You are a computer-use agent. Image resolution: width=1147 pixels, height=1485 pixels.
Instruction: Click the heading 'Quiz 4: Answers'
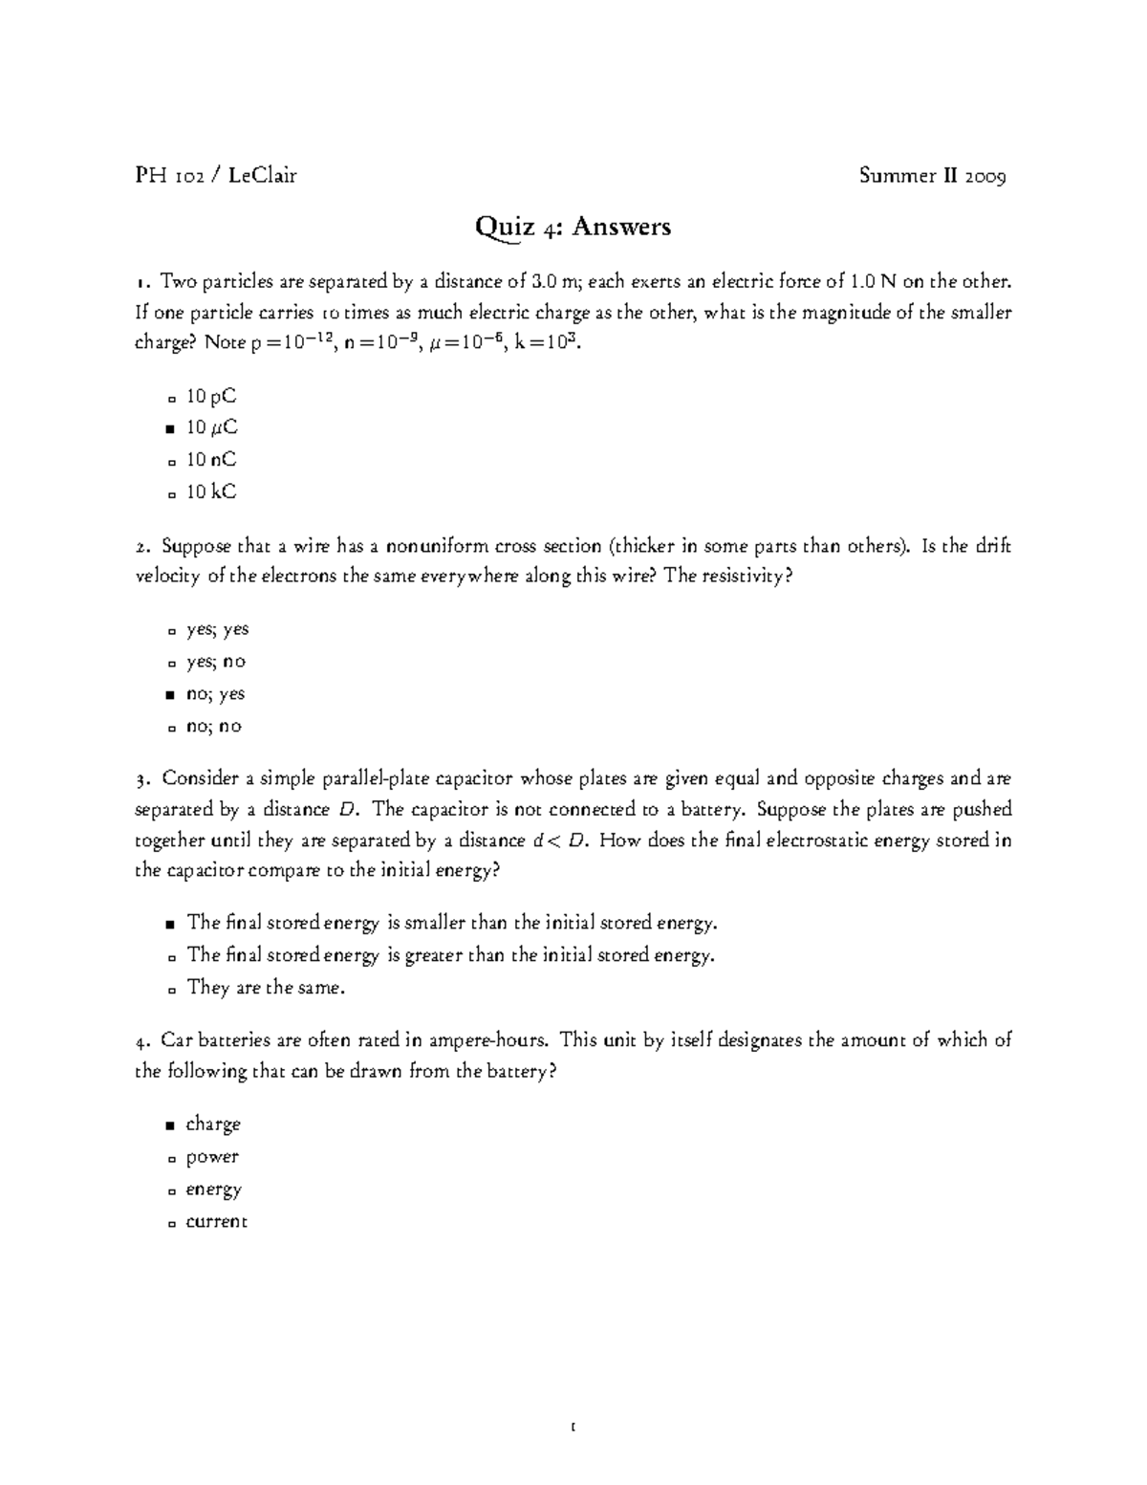[x=573, y=228]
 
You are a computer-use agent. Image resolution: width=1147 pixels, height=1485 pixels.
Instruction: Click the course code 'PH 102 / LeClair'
[x=216, y=175]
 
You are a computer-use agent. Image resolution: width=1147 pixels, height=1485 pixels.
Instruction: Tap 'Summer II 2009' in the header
[x=932, y=175]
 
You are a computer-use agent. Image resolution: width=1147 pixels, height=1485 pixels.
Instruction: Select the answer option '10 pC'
[x=210, y=396]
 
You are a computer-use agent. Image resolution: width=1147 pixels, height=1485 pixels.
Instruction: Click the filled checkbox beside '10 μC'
[x=170, y=429]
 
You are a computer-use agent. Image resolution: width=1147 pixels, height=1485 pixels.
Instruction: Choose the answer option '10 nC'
[x=210, y=460]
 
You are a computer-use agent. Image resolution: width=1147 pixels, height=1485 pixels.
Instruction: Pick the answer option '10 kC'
[x=210, y=492]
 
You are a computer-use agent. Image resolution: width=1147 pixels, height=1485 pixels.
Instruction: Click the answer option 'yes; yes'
[x=217, y=630]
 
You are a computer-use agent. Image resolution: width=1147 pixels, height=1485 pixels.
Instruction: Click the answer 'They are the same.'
[x=266, y=988]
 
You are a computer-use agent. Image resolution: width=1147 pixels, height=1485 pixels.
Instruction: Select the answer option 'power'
[x=212, y=1158]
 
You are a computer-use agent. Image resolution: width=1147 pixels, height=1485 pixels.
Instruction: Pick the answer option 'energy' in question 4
[x=214, y=1190]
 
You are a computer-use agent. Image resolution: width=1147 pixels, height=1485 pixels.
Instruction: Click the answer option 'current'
[x=217, y=1222]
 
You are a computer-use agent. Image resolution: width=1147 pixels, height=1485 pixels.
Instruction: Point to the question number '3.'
[x=142, y=779]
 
